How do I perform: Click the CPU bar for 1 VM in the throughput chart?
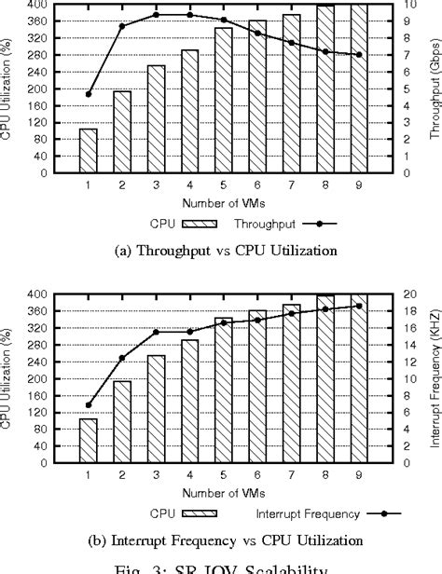click(x=88, y=150)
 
